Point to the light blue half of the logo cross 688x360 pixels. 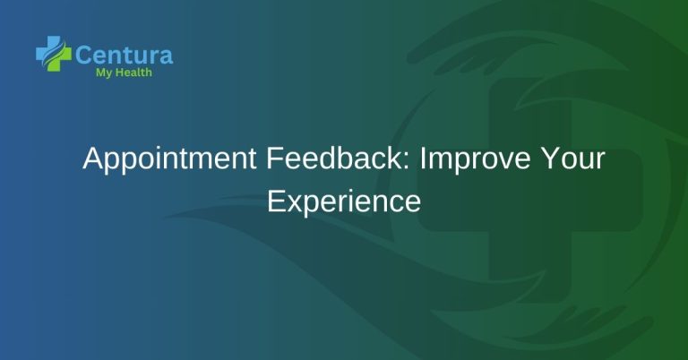tap(45, 50)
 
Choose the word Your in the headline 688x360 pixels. tap(574, 160)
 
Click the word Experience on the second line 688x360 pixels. tap(344, 201)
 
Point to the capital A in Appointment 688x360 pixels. tap(91, 160)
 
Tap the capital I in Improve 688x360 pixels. tap(423, 160)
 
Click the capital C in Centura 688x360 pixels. tap(84, 55)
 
